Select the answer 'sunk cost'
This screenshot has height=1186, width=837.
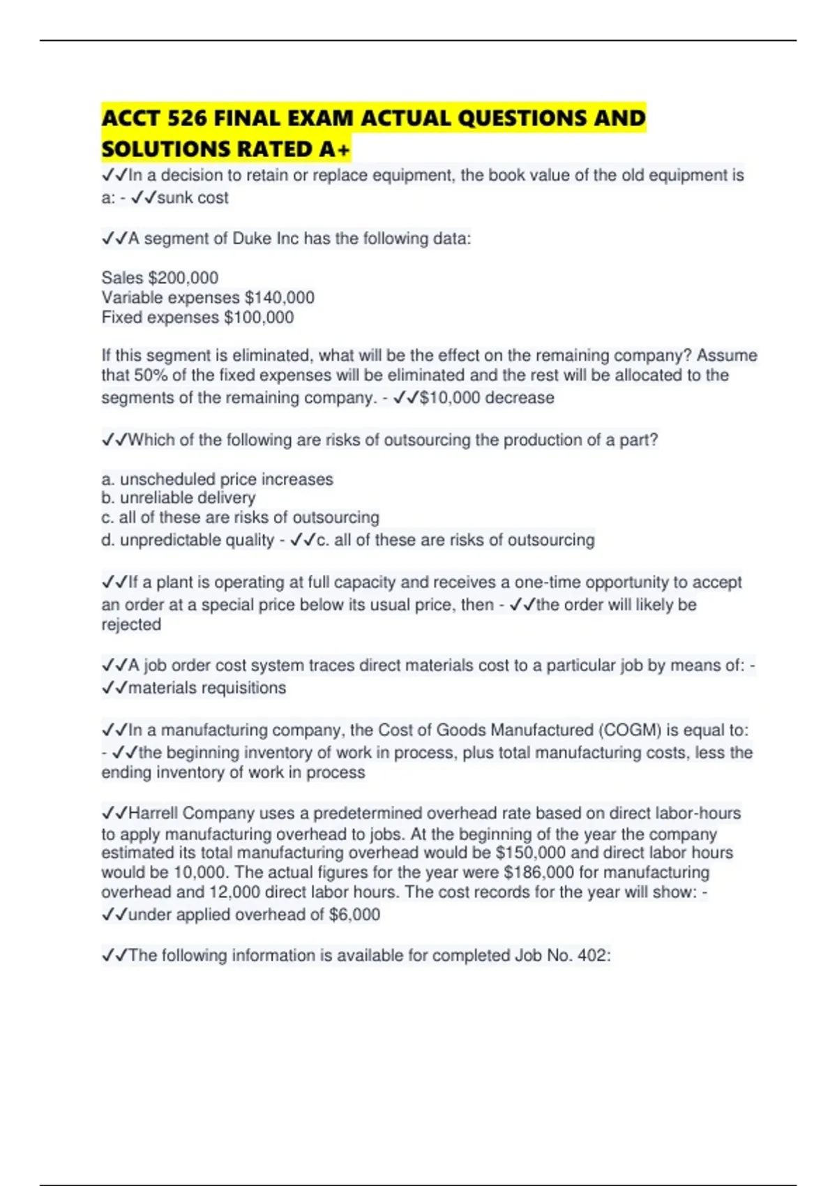click(x=193, y=198)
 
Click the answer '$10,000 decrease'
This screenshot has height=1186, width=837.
click(x=487, y=398)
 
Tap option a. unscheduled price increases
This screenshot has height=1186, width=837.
click(x=218, y=479)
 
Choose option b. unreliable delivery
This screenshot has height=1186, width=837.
click(x=179, y=497)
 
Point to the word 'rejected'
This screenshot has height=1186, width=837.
click(x=131, y=624)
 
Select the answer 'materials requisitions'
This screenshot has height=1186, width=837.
click(x=207, y=688)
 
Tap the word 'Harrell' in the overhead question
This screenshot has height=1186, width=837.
click(x=153, y=813)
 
